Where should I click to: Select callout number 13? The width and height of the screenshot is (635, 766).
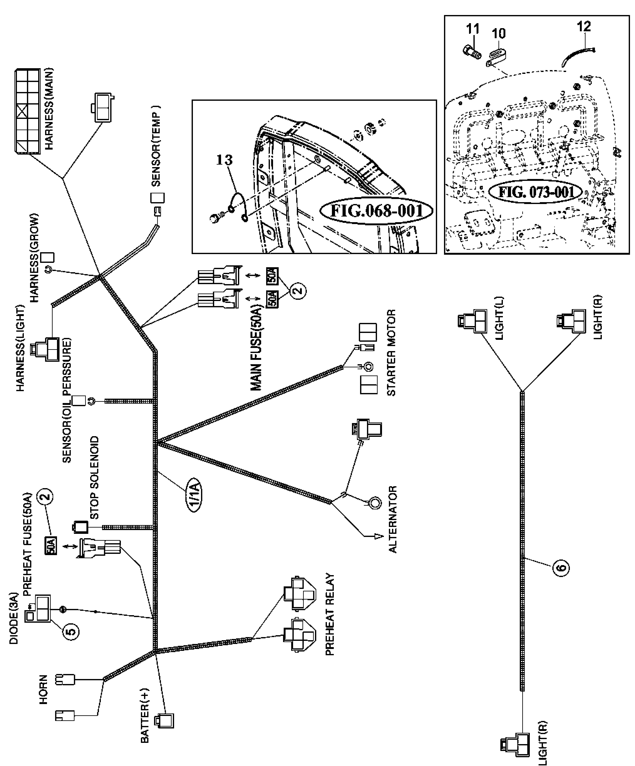224,160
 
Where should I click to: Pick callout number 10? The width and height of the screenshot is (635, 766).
498,33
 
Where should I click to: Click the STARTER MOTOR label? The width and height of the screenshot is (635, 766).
391,353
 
